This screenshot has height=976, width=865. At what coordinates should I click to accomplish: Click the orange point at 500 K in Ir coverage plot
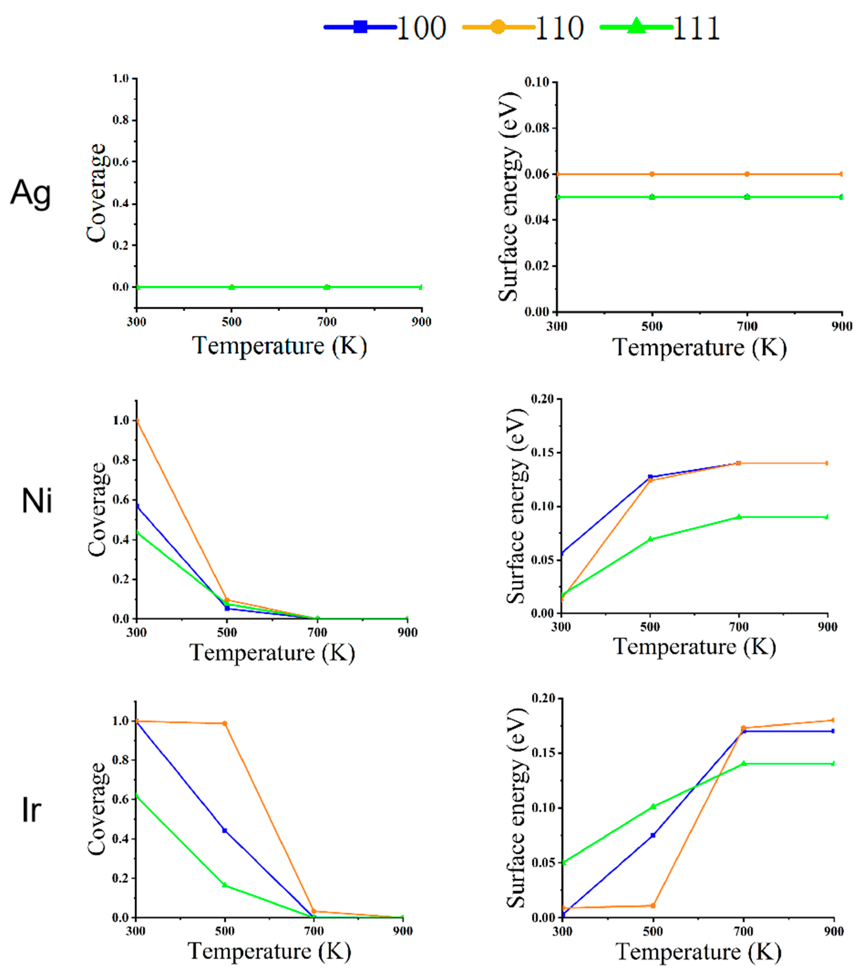click(x=225, y=723)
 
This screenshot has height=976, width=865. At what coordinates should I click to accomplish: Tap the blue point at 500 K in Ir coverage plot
click(x=225, y=831)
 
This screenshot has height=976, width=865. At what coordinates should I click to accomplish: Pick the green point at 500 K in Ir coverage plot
click(x=225, y=885)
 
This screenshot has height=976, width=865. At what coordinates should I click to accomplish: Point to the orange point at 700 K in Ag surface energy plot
click(x=747, y=174)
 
